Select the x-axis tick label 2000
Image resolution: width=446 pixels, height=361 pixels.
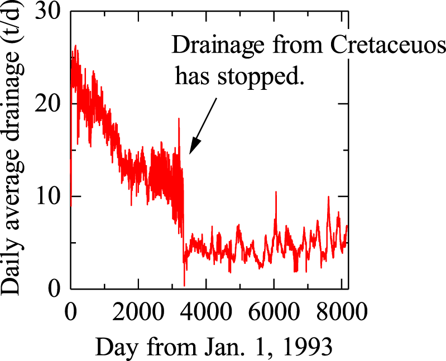[x=138, y=311]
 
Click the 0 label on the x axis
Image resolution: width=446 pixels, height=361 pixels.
[x=71, y=311]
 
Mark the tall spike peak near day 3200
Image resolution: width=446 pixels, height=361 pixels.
[x=179, y=118]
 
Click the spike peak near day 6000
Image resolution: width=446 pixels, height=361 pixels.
[x=275, y=191]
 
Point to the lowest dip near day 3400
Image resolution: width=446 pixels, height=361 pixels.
[x=184, y=286]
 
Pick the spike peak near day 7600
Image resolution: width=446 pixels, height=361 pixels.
[x=328, y=196]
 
